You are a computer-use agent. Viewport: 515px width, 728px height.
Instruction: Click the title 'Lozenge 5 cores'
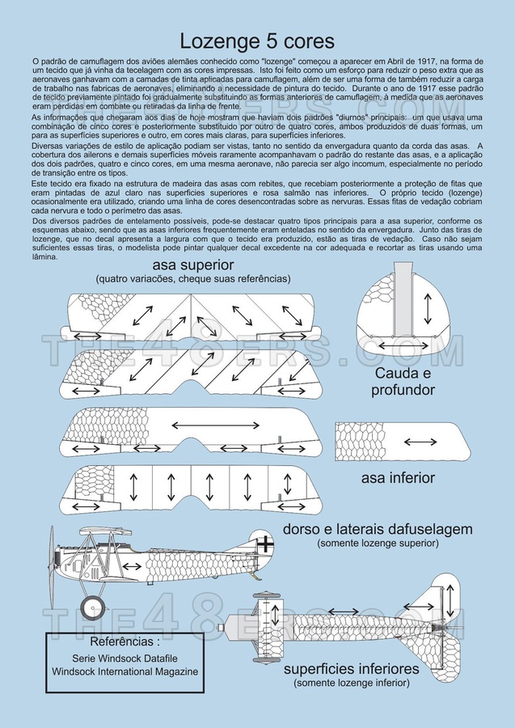point(256,41)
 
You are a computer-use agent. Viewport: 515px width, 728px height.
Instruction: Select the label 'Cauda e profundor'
point(404,382)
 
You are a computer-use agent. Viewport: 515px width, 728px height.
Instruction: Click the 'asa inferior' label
point(398,477)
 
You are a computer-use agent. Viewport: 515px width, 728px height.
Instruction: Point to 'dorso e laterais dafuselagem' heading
point(377,529)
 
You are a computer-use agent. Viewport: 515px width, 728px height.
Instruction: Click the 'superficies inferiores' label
point(351,669)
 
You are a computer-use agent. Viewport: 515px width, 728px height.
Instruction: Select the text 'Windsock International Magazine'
point(125,671)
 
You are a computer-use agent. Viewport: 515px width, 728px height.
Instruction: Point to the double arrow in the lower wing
point(420,441)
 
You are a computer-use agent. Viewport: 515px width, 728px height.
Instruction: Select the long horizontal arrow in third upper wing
point(218,423)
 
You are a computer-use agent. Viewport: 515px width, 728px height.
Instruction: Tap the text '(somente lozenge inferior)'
point(351,684)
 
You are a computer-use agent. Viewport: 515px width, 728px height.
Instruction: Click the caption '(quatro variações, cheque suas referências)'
point(192,279)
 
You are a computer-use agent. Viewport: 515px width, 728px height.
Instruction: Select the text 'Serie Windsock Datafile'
point(125,658)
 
